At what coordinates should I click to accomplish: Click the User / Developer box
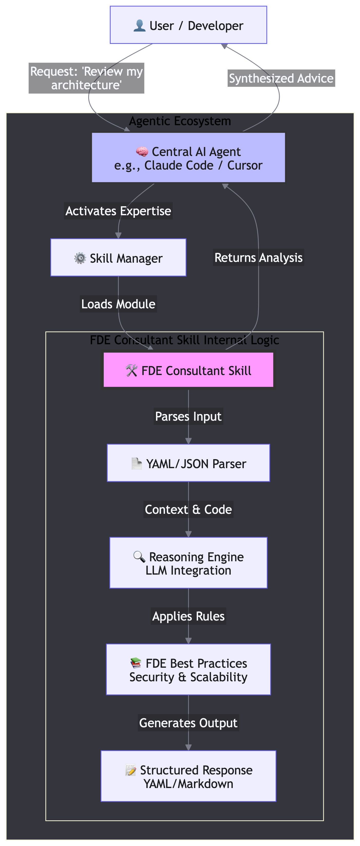point(188,25)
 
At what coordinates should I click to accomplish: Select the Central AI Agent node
point(188,158)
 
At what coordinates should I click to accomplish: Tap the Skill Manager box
point(118,258)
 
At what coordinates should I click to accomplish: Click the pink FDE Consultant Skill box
point(188,370)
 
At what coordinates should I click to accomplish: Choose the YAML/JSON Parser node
point(188,463)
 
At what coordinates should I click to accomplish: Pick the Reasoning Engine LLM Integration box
point(188,563)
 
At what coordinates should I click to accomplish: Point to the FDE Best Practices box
point(188,669)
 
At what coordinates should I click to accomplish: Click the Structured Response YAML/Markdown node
point(188,776)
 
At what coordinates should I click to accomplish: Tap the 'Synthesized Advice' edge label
point(281,78)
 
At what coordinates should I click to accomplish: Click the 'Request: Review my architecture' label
point(86,78)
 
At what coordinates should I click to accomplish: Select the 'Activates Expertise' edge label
point(118,211)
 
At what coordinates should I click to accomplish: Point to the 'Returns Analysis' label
point(258,258)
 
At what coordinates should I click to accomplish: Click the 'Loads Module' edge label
point(118,304)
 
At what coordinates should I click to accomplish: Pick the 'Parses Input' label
point(188,416)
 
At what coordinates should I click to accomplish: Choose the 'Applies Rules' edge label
point(188,616)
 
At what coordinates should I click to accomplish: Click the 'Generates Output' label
point(188,723)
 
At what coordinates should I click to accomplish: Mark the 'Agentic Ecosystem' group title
point(180,121)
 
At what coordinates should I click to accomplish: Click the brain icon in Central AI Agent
point(142,152)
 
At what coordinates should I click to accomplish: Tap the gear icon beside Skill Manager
point(80,258)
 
